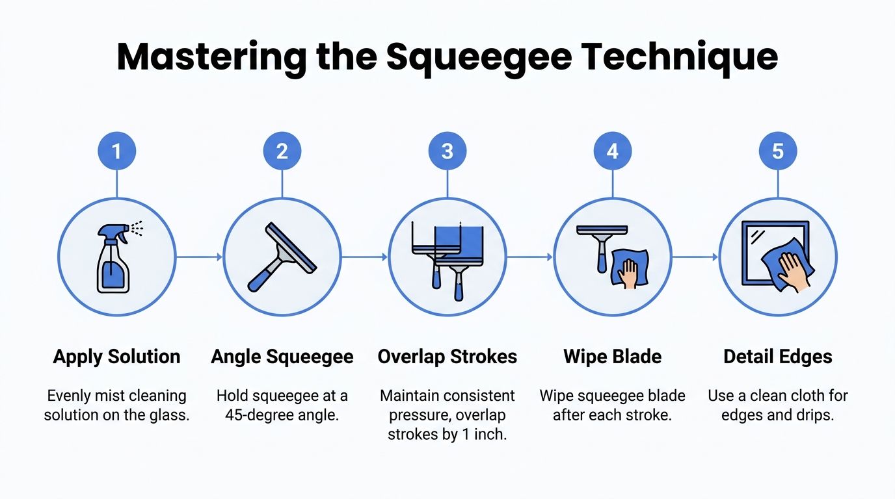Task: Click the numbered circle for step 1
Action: pyautogui.click(x=116, y=151)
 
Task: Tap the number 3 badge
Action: pyautogui.click(x=447, y=151)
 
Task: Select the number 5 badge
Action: pyautogui.click(x=777, y=151)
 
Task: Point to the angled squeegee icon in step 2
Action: pyautogui.click(x=282, y=257)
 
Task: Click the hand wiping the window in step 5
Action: pyautogui.click(x=792, y=270)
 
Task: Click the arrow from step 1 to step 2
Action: pyautogui.click(x=199, y=257)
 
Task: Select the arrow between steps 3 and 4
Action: pyautogui.click(x=529, y=257)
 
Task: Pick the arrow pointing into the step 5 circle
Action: pyautogui.click(x=695, y=257)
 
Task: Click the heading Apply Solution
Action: pyautogui.click(x=116, y=357)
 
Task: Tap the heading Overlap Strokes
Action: pyautogui.click(x=447, y=357)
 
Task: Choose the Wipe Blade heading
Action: pyautogui.click(x=612, y=357)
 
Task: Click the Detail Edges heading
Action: pyautogui.click(x=777, y=357)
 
